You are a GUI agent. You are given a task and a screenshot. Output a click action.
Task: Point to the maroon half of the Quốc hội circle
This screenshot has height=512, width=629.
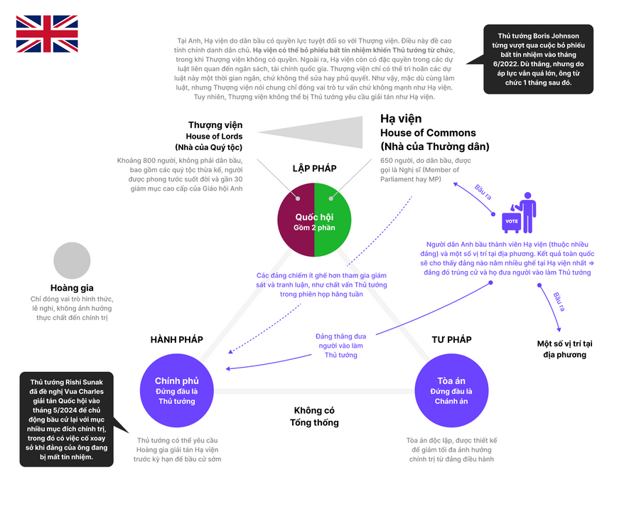296,220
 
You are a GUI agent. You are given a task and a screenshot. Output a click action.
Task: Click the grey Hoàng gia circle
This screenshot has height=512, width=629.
72,260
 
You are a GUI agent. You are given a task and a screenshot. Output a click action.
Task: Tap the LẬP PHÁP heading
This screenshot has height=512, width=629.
314,169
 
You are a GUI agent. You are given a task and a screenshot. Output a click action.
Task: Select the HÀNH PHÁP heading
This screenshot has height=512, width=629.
176,340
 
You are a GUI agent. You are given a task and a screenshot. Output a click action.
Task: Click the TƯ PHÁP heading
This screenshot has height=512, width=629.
451,340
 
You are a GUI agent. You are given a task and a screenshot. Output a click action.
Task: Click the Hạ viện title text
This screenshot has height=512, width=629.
401,119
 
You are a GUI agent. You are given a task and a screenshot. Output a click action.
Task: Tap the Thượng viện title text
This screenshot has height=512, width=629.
215,125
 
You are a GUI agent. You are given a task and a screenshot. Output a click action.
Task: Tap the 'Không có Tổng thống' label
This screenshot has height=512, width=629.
314,417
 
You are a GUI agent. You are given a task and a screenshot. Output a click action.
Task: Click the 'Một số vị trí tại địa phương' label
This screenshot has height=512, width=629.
564,348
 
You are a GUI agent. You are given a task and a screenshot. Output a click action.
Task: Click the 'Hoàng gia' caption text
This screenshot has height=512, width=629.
72,288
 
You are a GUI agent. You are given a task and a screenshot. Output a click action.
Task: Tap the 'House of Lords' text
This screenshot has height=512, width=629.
215,137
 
